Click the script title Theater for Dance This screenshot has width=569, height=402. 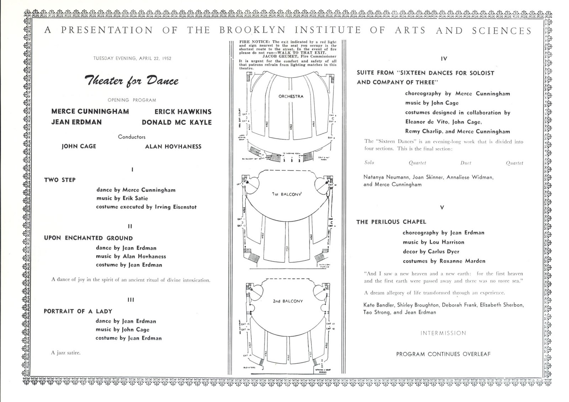[x=132, y=81]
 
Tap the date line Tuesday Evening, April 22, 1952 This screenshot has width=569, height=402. [x=132, y=58]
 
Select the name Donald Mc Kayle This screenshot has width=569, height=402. [x=176, y=122]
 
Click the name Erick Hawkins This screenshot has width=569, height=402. [x=183, y=112]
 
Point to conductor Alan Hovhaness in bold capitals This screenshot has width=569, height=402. [x=173, y=146]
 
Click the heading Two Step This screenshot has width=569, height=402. [x=60, y=180]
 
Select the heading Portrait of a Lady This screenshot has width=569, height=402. [x=78, y=311]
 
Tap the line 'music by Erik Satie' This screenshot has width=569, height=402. [x=122, y=198]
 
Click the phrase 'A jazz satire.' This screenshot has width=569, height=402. [x=66, y=353]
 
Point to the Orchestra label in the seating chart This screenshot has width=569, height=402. [x=291, y=96]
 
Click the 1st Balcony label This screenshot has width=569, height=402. [x=287, y=194]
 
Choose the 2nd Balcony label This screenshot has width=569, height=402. [x=288, y=301]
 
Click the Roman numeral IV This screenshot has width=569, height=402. [x=443, y=59]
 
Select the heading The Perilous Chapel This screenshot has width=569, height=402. [x=391, y=222]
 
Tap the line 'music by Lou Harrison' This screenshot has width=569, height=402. [x=433, y=242]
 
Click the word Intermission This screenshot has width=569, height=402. [x=443, y=333]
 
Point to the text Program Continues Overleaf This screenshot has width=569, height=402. [x=443, y=354]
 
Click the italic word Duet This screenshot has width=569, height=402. [x=466, y=163]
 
